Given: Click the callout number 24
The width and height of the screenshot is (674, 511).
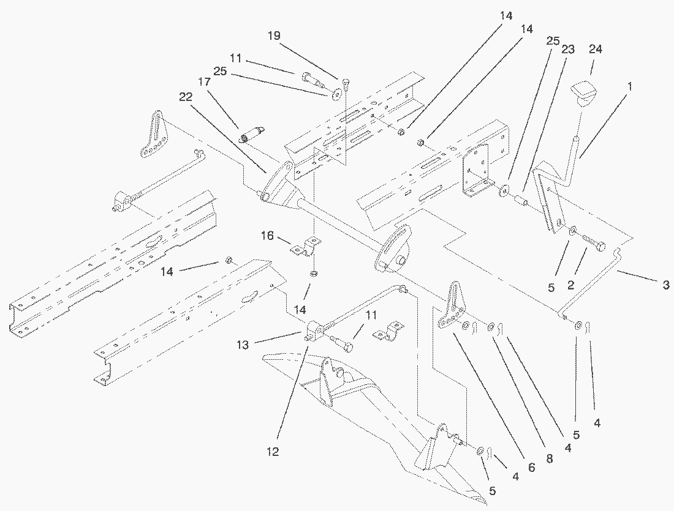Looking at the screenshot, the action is (x=596, y=50).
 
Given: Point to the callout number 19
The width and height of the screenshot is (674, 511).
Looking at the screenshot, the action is (x=274, y=35).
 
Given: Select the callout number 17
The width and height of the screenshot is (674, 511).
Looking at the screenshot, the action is (x=205, y=81).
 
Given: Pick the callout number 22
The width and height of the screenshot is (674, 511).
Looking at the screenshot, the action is (x=186, y=97).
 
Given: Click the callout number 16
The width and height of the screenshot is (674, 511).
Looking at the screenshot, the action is (x=267, y=236).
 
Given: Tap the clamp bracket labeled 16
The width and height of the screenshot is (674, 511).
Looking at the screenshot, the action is (x=305, y=248).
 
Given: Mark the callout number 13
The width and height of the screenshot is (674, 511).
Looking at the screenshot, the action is (x=243, y=345).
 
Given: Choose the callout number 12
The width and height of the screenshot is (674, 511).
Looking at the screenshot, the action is (x=273, y=452).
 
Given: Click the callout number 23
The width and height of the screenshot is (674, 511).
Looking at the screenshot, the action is (x=568, y=50).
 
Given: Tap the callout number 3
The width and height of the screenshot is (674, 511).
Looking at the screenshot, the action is (x=665, y=285).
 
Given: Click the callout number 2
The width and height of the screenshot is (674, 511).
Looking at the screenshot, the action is (x=571, y=285).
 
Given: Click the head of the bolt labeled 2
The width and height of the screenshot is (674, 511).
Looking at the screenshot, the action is (x=600, y=246).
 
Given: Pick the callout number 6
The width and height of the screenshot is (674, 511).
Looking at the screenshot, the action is (x=532, y=467).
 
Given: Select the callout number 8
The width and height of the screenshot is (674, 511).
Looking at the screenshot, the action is (x=550, y=459).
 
